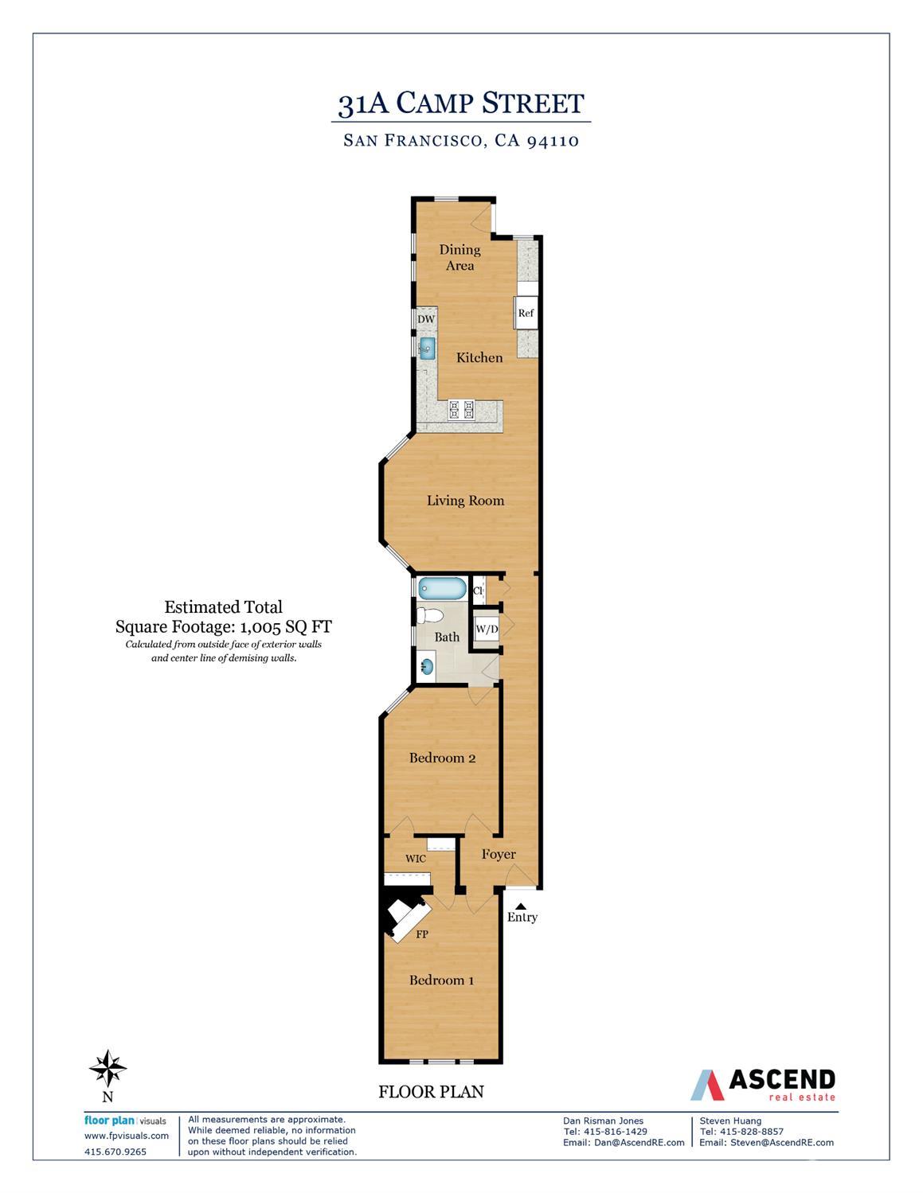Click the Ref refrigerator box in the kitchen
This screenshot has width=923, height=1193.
[526, 313]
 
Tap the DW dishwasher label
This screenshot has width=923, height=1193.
[426, 319]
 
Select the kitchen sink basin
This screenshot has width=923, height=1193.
[428, 348]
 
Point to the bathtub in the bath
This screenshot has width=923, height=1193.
[442, 590]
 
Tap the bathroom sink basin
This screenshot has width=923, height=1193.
[428, 666]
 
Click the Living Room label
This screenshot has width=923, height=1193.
[465, 501]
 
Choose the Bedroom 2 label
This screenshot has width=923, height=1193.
[442, 758]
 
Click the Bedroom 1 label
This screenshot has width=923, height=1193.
[441, 980]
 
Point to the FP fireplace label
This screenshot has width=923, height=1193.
[422, 934]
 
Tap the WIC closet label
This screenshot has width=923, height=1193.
[416, 859]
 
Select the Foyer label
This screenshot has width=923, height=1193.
[499, 854]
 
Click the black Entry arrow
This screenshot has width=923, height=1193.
[522, 906]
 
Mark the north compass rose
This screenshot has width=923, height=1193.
[108, 1068]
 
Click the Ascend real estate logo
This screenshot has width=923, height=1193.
[762, 1084]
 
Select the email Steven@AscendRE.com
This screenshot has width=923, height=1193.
[766, 1142]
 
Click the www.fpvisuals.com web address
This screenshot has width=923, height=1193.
[127, 1136]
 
